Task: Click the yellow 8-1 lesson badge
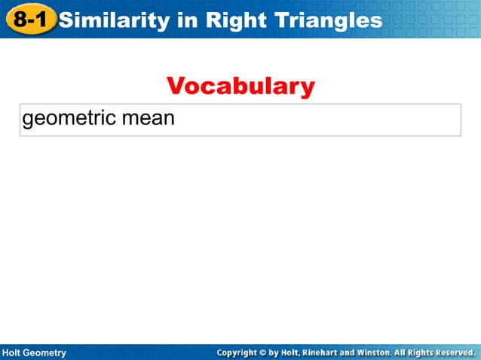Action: pos(31,20)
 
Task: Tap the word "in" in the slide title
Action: pos(185,20)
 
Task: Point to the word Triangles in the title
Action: pos(327,20)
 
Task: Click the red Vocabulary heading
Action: pos(240,87)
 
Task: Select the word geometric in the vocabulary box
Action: pos(65,119)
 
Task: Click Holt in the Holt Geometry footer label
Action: pos(15,352)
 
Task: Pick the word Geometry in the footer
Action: pos(47,352)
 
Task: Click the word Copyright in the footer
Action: pos(237,352)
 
